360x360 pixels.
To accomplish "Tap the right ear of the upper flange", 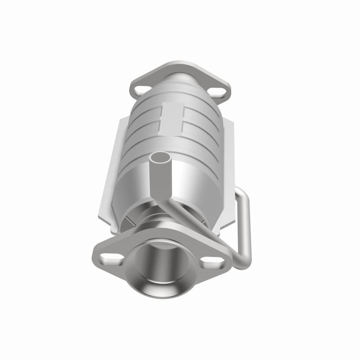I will tap(225, 92).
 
